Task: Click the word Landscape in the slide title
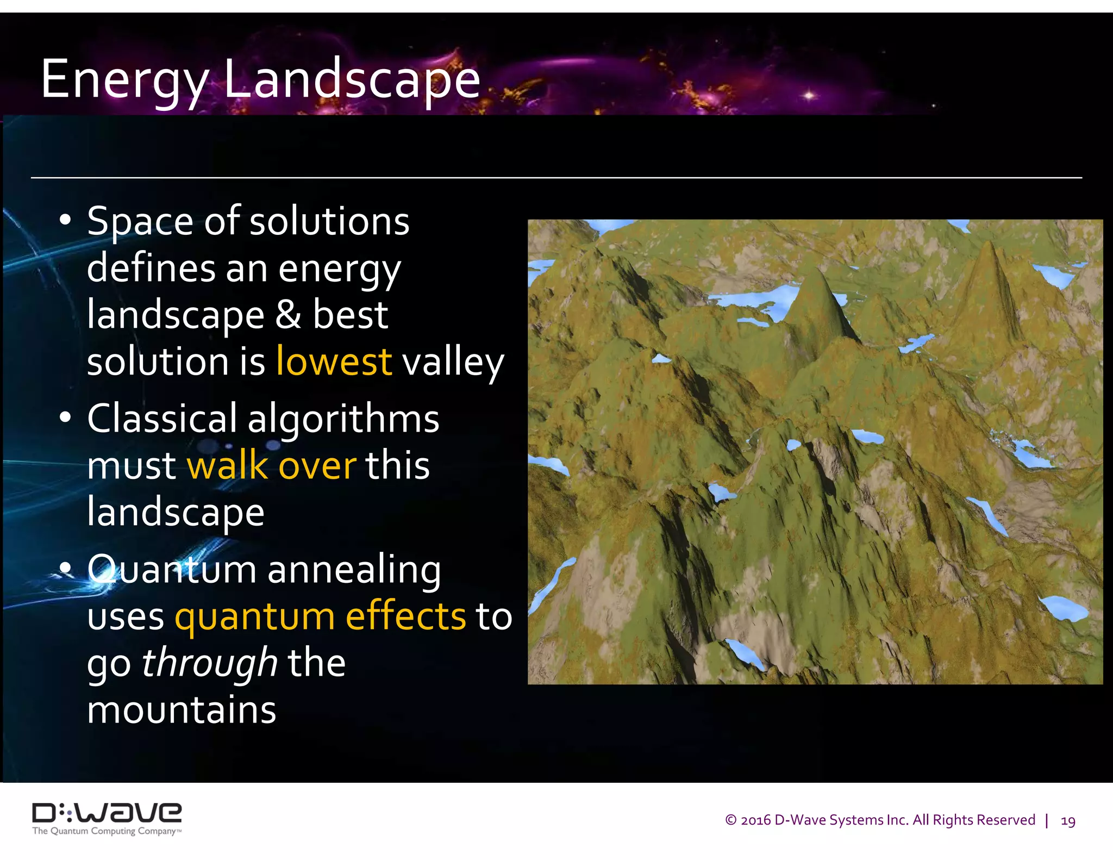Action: pos(352,79)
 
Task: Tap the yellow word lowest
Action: pos(334,362)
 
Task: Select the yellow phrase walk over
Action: pos(271,466)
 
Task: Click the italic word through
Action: pos(210,663)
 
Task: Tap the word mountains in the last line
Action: pos(182,710)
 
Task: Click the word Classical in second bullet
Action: pos(162,419)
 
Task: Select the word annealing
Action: pos(354,570)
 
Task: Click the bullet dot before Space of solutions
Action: pos(65,220)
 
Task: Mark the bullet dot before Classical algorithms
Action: pos(65,417)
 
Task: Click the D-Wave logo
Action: pos(107,813)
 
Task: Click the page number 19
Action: pos(1067,820)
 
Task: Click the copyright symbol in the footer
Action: pos(730,820)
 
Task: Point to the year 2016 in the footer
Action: pos(755,820)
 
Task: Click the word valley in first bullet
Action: pos(453,363)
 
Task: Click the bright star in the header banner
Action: pos(809,95)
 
